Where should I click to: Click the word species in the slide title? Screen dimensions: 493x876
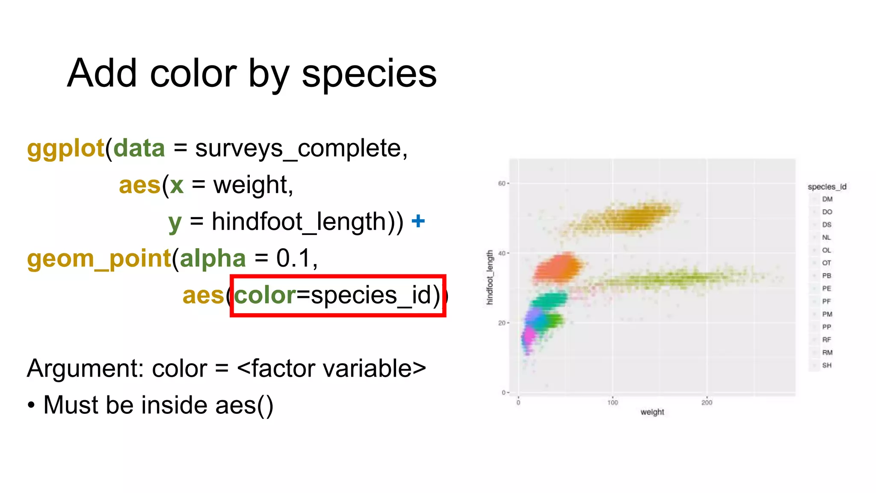[x=369, y=74]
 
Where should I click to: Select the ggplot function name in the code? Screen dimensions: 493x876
[x=65, y=148]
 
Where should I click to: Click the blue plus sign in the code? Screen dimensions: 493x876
[x=418, y=221]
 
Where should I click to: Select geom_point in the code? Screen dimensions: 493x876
[x=99, y=258]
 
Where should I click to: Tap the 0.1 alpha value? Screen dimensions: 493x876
[x=293, y=258]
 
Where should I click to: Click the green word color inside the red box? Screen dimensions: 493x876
[x=265, y=295]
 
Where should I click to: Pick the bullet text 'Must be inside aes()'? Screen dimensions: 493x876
[x=158, y=405]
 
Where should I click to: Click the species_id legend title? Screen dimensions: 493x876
[x=827, y=187]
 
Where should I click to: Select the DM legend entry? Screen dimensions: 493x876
[x=827, y=199]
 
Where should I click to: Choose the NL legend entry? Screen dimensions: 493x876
[x=826, y=238]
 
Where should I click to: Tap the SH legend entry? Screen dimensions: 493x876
[x=827, y=365]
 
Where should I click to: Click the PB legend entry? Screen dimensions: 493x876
[x=826, y=276]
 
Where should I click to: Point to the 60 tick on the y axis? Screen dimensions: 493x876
[x=501, y=184]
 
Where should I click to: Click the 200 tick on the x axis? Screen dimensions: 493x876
[x=707, y=402]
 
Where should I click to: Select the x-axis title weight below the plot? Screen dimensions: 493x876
[x=652, y=412]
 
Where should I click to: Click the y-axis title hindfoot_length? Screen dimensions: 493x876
[x=490, y=278]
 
